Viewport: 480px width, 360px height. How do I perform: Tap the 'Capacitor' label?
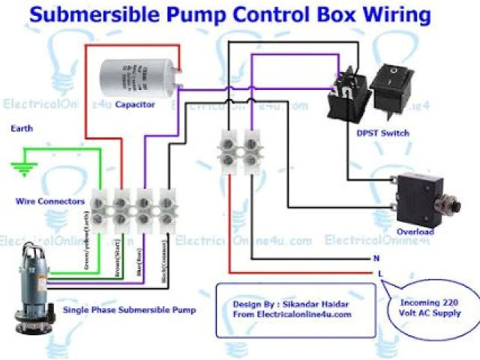point(135,105)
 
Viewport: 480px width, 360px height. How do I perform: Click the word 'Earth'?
point(21,128)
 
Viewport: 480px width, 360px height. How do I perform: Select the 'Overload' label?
point(415,232)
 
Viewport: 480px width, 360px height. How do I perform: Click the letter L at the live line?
point(381,272)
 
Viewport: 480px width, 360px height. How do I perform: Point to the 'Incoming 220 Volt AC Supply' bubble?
point(430,307)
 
